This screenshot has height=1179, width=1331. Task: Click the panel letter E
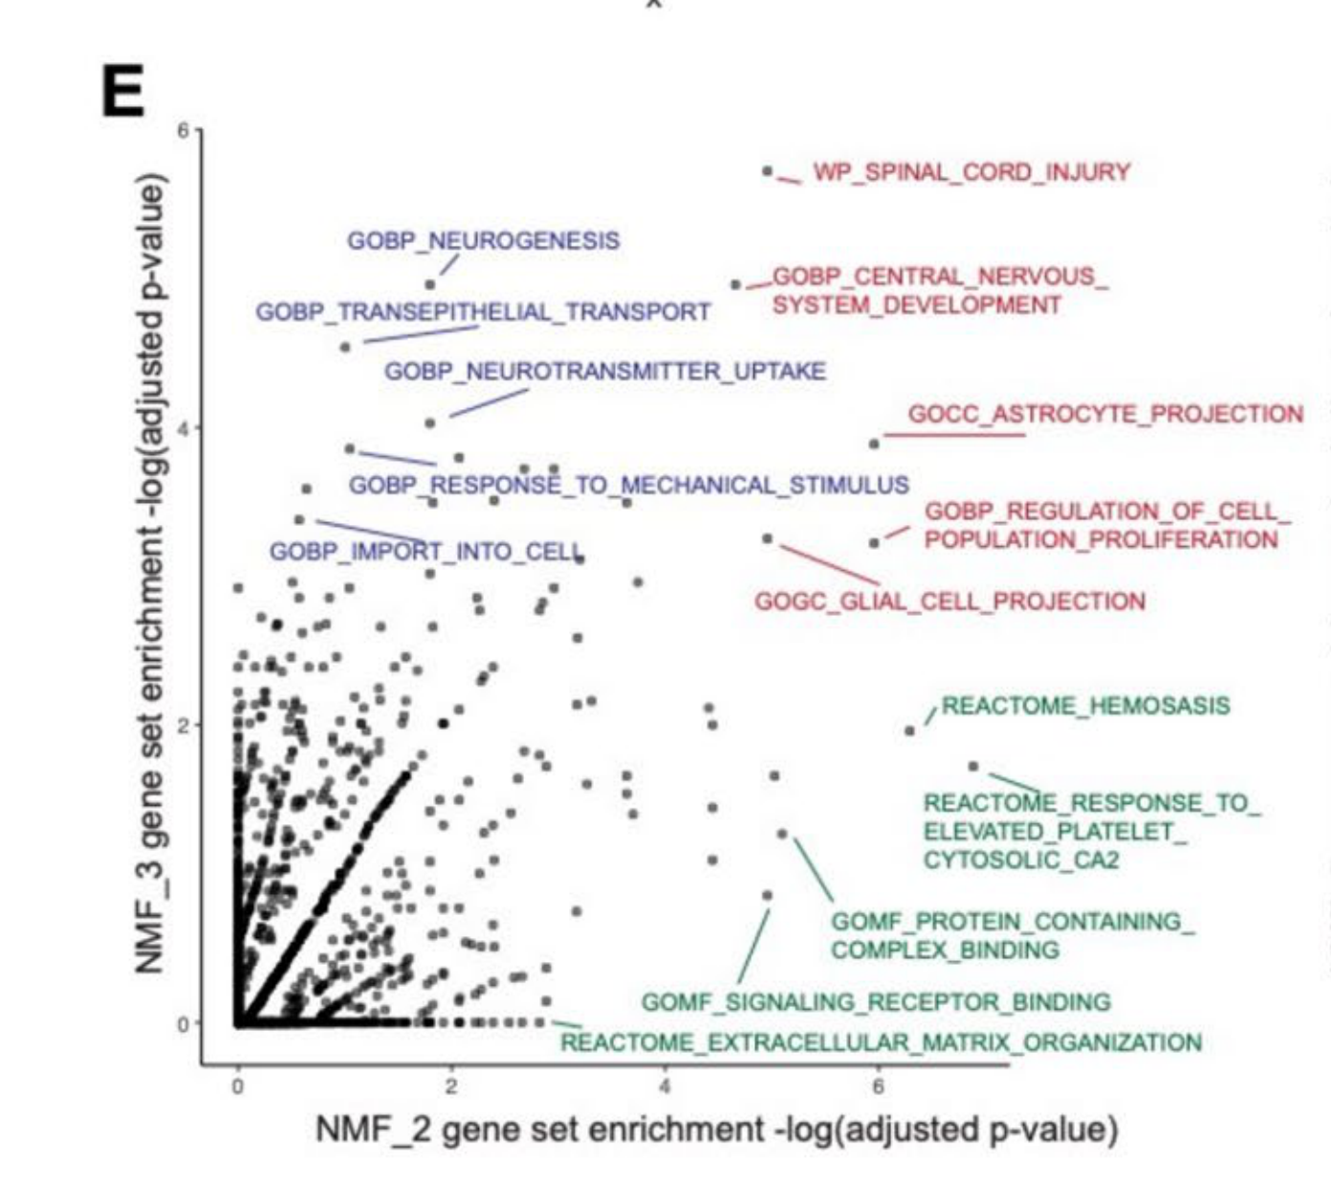(x=122, y=92)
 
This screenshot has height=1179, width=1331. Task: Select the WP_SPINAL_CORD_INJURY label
(x=971, y=172)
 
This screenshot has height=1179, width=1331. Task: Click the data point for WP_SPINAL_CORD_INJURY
(x=768, y=171)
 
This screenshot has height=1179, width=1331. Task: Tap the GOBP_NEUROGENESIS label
(x=483, y=241)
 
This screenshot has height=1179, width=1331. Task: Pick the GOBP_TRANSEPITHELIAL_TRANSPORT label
(x=483, y=313)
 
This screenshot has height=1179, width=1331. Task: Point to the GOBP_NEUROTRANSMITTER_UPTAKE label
(x=604, y=371)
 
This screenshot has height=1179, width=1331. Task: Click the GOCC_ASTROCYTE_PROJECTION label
(x=1105, y=414)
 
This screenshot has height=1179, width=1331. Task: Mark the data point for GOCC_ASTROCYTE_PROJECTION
(x=874, y=444)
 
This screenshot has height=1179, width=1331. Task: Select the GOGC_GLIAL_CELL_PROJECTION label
(x=949, y=601)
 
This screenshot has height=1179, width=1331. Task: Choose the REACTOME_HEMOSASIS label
(x=1085, y=707)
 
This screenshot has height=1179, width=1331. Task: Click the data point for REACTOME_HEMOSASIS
(x=909, y=731)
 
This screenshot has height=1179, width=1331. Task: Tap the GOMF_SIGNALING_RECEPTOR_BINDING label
(x=875, y=1002)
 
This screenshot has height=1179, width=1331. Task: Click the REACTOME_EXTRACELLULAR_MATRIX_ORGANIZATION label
(x=880, y=1042)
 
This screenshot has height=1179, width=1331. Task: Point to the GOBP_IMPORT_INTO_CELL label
(x=425, y=552)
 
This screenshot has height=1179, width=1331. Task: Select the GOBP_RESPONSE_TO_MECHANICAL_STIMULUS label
(x=628, y=485)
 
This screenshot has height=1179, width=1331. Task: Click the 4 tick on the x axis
(x=665, y=1086)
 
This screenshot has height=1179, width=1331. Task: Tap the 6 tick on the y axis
(x=183, y=130)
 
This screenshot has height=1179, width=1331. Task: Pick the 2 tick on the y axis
(x=183, y=725)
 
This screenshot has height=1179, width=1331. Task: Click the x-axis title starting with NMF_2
(x=716, y=1129)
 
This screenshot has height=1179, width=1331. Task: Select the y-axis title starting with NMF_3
(x=151, y=574)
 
